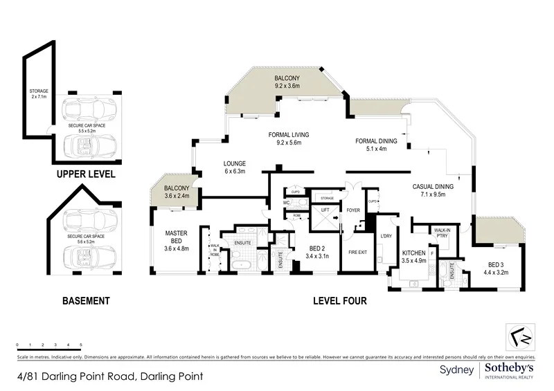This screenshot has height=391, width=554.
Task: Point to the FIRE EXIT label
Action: tap(357, 251)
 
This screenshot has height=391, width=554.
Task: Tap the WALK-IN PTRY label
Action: tap(441, 233)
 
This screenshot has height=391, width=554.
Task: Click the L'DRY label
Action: tap(386, 237)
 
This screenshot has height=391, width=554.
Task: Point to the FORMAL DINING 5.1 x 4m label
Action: tap(376, 145)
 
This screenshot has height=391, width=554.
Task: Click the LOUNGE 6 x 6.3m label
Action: tap(235, 168)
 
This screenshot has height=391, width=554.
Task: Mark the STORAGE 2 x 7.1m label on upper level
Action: tap(39, 93)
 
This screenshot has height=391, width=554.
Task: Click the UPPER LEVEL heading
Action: tap(85, 175)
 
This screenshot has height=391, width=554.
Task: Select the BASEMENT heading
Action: tap(86, 301)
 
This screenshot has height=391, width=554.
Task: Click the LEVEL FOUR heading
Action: tap(339, 301)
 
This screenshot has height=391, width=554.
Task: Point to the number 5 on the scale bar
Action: tap(81, 345)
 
